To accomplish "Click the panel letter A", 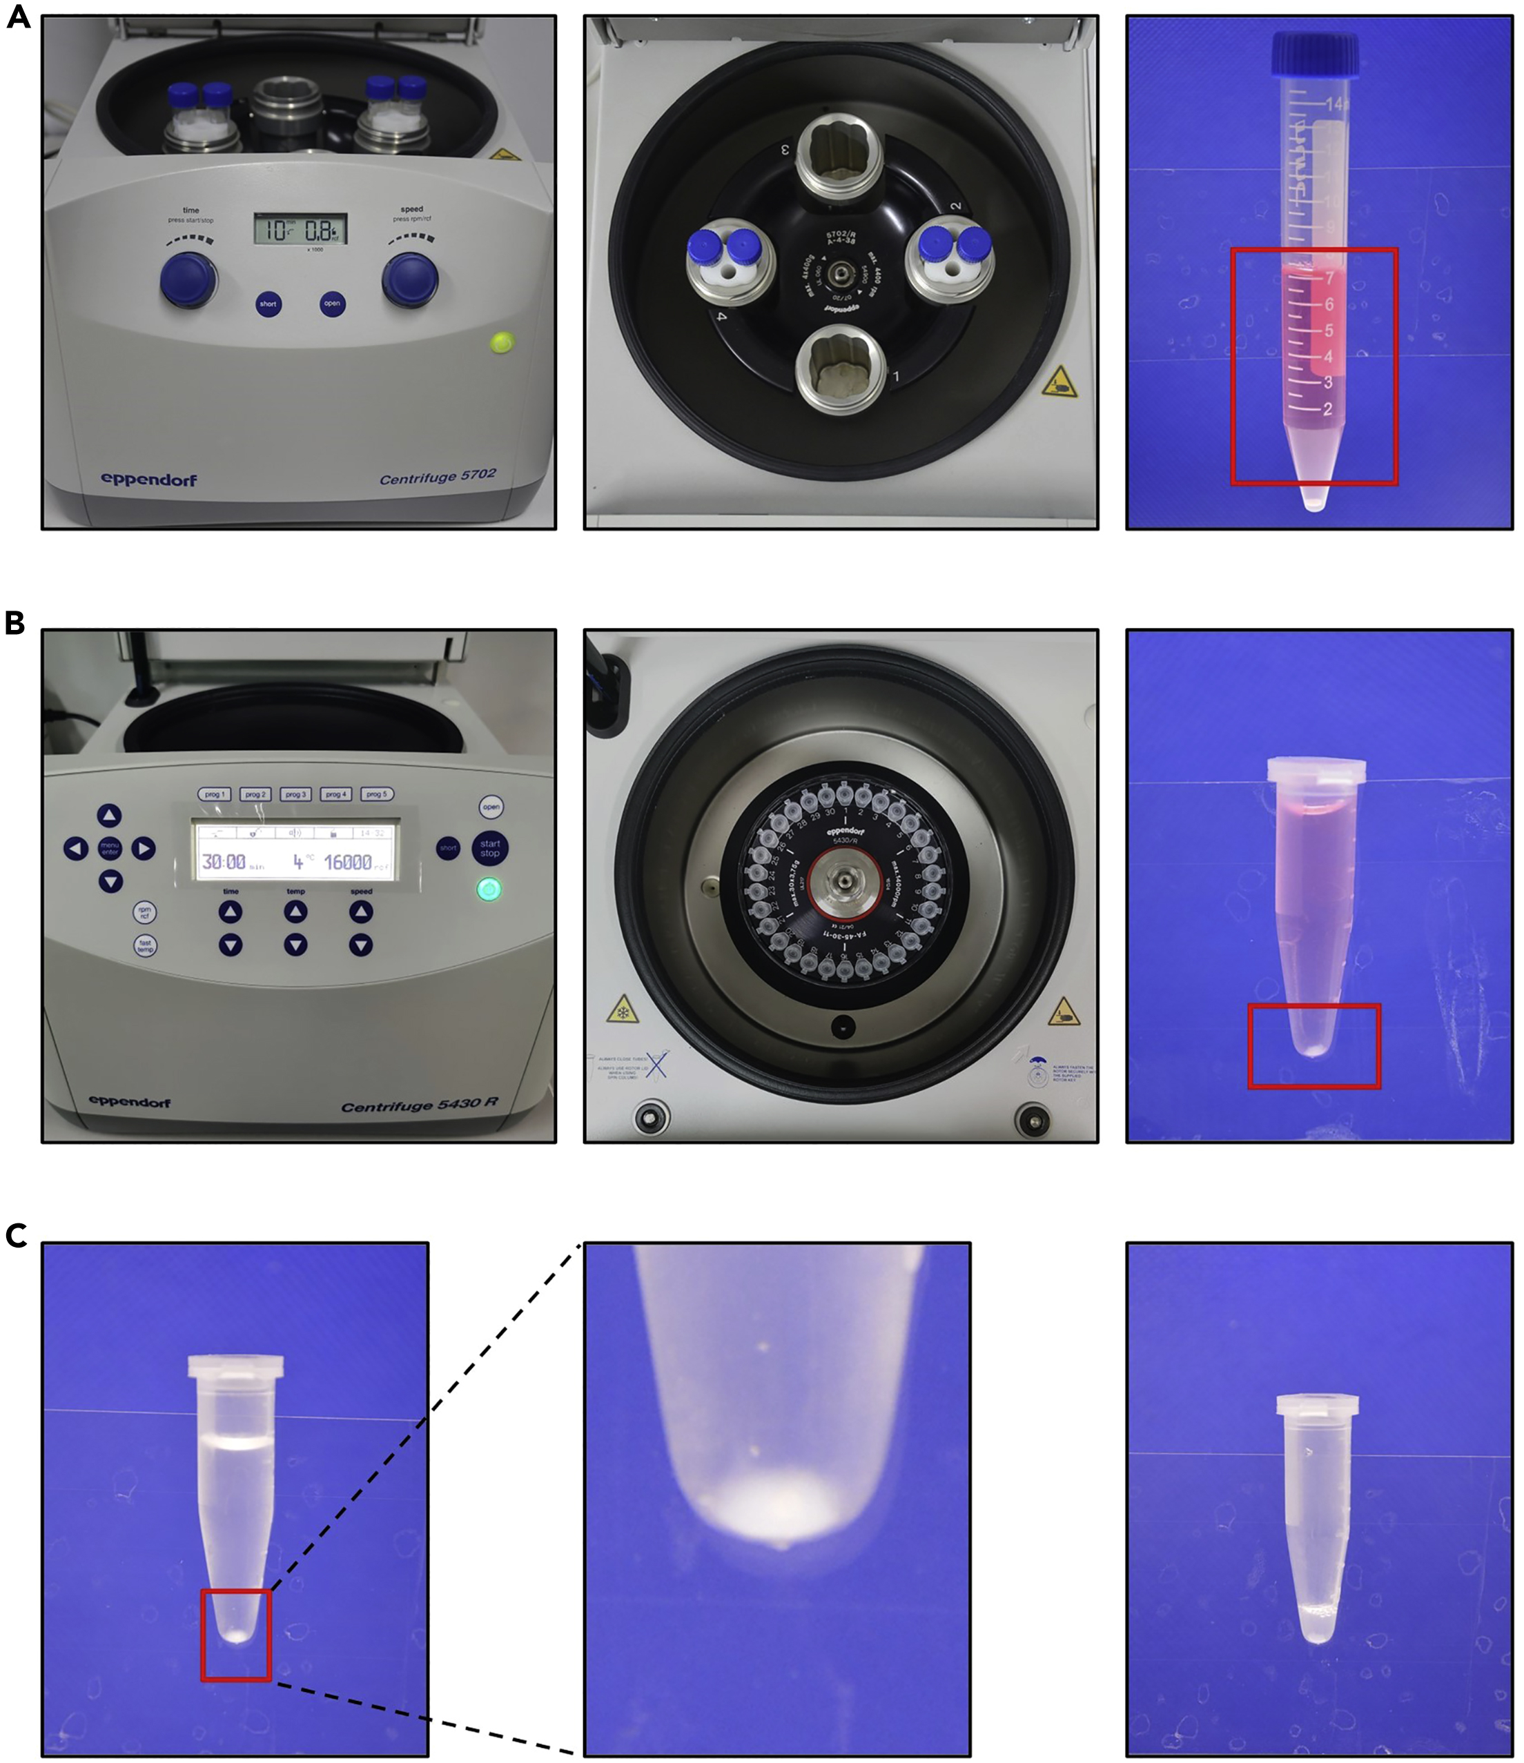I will [x=18, y=17].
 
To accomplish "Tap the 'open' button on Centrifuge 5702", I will [x=332, y=304].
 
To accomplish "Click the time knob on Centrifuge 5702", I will [x=189, y=280].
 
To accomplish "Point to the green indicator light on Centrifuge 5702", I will [x=501, y=342].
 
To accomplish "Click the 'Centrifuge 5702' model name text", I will [x=438, y=477].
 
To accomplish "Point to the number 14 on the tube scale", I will [x=1333, y=104].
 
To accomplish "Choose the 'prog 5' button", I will [x=376, y=794].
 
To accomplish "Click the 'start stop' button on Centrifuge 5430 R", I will [x=490, y=848].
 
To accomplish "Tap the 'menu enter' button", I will [x=110, y=848].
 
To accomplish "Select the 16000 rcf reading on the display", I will [x=348, y=862].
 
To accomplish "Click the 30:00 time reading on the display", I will [x=224, y=862].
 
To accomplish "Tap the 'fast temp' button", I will [x=146, y=945].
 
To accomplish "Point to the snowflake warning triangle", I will [x=623, y=1009].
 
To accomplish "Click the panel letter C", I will [x=16, y=1234].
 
